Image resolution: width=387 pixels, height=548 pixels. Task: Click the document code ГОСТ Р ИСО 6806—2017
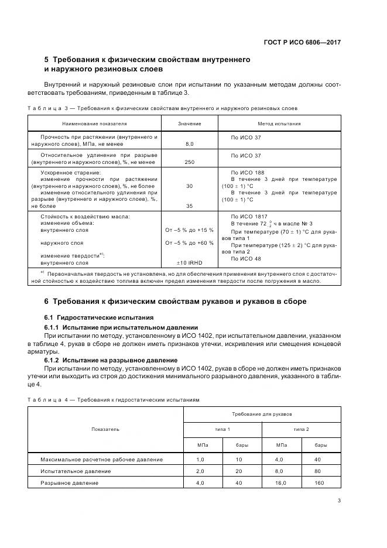tap(302, 42)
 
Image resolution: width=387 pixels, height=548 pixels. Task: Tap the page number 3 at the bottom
tap(339, 500)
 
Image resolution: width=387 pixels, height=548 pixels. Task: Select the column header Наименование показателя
tap(95, 124)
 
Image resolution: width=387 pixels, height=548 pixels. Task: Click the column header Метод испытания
tap(279, 124)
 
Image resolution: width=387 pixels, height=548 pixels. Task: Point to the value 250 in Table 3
tap(189, 162)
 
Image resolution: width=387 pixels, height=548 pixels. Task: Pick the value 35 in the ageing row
tap(189, 205)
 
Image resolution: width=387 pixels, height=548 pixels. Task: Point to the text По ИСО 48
tap(246, 258)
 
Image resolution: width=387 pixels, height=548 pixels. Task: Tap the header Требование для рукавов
tap(262, 414)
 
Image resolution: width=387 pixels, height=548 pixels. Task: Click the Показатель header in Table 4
tap(105, 429)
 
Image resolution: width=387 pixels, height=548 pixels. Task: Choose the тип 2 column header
tap(302, 429)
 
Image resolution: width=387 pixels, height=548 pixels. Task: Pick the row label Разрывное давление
tap(69, 483)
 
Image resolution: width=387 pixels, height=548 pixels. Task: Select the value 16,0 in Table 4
tap(281, 483)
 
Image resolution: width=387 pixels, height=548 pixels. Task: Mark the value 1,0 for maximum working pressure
tap(200, 459)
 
